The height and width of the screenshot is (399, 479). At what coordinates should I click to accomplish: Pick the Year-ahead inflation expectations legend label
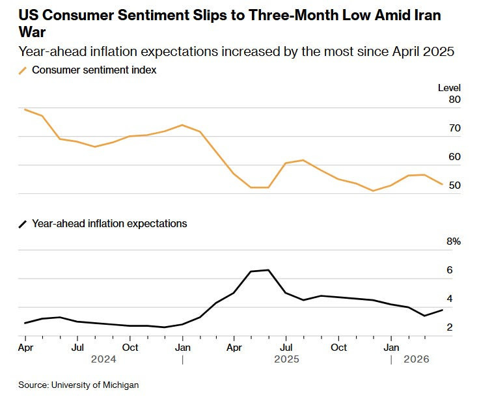(109, 223)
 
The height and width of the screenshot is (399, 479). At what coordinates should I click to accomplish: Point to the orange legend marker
(23, 70)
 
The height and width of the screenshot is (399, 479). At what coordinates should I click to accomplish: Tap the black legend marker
(23, 224)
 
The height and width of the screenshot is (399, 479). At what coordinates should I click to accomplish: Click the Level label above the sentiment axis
(449, 88)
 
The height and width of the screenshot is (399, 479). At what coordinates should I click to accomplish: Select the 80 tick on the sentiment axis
(454, 100)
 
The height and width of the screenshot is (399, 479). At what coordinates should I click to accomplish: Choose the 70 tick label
(454, 128)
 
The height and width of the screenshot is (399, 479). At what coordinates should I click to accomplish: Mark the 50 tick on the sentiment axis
(454, 186)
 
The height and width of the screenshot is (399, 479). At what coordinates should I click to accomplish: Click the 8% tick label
(453, 241)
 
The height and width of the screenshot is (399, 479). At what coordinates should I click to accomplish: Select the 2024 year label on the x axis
(103, 359)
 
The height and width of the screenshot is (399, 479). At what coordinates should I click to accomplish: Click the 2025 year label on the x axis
(286, 359)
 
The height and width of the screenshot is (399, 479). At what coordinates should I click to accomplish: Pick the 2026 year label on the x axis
(417, 359)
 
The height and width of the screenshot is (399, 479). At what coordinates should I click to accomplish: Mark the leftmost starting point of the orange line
(25, 109)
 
